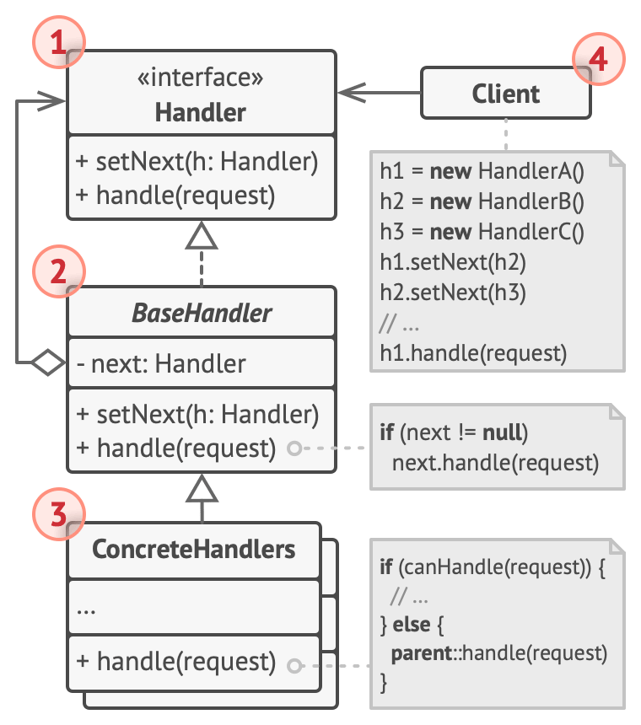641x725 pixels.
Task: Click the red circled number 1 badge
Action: tap(59, 42)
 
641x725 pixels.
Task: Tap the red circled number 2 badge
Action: tap(59, 271)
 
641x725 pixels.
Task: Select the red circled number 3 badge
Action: tap(59, 513)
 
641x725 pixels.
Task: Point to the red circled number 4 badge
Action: tap(599, 59)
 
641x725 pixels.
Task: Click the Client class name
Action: tap(505, 94)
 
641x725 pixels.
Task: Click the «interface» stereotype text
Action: tap(200, 78)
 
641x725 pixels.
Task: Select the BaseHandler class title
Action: tap(202, 313)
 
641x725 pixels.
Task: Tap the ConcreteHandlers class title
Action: tap(194, 550)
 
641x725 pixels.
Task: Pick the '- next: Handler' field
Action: tap(161, 363)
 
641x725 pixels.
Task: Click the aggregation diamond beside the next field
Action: tap(48, 362)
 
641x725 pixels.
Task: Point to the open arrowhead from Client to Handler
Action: tap(352, 93)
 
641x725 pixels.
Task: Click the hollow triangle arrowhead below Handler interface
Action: tap(202, 235)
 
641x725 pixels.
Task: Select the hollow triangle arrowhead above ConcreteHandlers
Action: tap(202, 488)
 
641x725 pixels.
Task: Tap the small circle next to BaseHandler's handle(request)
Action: tap(294, 448)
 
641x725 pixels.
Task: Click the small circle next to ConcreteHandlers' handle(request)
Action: tap(294, 666)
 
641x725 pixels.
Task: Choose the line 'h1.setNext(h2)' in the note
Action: tap(453, 262)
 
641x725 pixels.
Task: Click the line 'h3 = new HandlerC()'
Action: tap(482, 232)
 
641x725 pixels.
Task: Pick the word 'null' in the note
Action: tap(503, 432)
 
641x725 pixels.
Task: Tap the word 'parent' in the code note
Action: tap(422, 653)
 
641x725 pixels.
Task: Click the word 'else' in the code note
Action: tap(412, 624)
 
